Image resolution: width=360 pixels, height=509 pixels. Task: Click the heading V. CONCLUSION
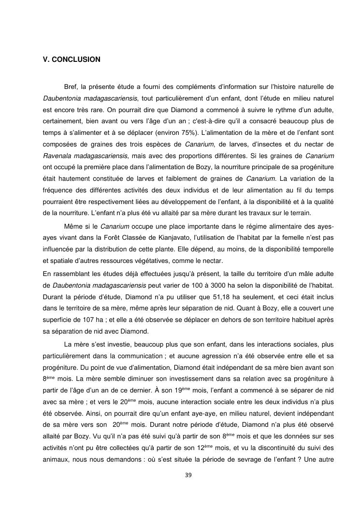coord(71,59)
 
